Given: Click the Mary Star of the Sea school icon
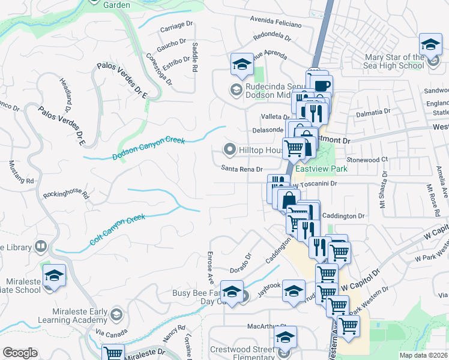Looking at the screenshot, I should pos(430,45).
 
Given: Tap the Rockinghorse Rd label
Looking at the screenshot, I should pos(66,195).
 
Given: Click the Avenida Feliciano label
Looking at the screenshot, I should pos(274,20).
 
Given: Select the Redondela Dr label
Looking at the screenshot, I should pos(272,37).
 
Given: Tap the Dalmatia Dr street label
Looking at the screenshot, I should pos(374,112).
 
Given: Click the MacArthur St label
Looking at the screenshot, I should pos(255,327).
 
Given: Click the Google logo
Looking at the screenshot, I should pos(20,353).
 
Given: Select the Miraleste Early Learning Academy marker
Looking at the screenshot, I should pos(116,314).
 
